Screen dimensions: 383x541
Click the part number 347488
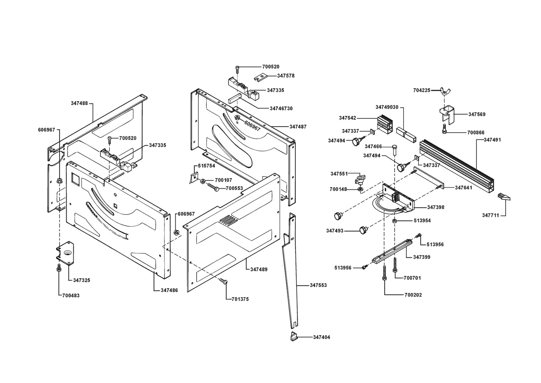[79, 103]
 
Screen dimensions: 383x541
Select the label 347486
[169, 290]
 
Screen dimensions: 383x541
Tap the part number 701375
[240, 299]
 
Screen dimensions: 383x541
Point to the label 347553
[318, 285]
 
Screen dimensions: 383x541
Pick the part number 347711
[491, 215]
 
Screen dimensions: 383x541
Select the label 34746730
[281, 108]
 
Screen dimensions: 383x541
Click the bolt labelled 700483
[59, 268]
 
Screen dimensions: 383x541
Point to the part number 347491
[492, 140]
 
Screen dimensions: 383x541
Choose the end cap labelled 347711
[503, 197]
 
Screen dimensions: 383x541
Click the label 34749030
[387, 107]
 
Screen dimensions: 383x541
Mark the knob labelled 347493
[363, 230]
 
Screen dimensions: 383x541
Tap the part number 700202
[413, 295]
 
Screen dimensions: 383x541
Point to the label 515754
[206, 166]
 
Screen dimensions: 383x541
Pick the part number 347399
[422, 257]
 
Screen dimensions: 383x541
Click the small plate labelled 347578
[260, 76]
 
